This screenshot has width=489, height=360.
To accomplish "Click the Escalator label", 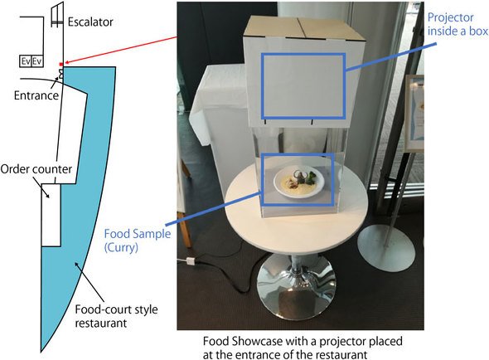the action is click(x=90, y=22).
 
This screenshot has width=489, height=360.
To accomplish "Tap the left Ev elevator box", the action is click(x=26, y=61).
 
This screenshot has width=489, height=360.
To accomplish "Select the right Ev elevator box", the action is click(x=36, y=61).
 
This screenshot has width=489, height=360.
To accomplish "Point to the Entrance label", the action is click(x=36, y=95).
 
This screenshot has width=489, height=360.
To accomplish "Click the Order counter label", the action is click(x=36, y=169).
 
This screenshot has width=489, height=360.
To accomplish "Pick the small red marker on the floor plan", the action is click(x=61, y=65).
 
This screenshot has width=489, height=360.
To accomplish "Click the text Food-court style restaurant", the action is click(x=116, y=316).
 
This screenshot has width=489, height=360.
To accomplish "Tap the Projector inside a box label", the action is click(x=458, y=24).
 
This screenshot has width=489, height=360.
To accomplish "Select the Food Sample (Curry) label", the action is click(x=138, y=240).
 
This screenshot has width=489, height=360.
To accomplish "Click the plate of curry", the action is click(x=298, y=182).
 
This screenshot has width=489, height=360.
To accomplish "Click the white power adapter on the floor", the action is click(x=191, y=260).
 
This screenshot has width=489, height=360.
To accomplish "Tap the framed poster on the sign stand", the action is click(x=414, y=113).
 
